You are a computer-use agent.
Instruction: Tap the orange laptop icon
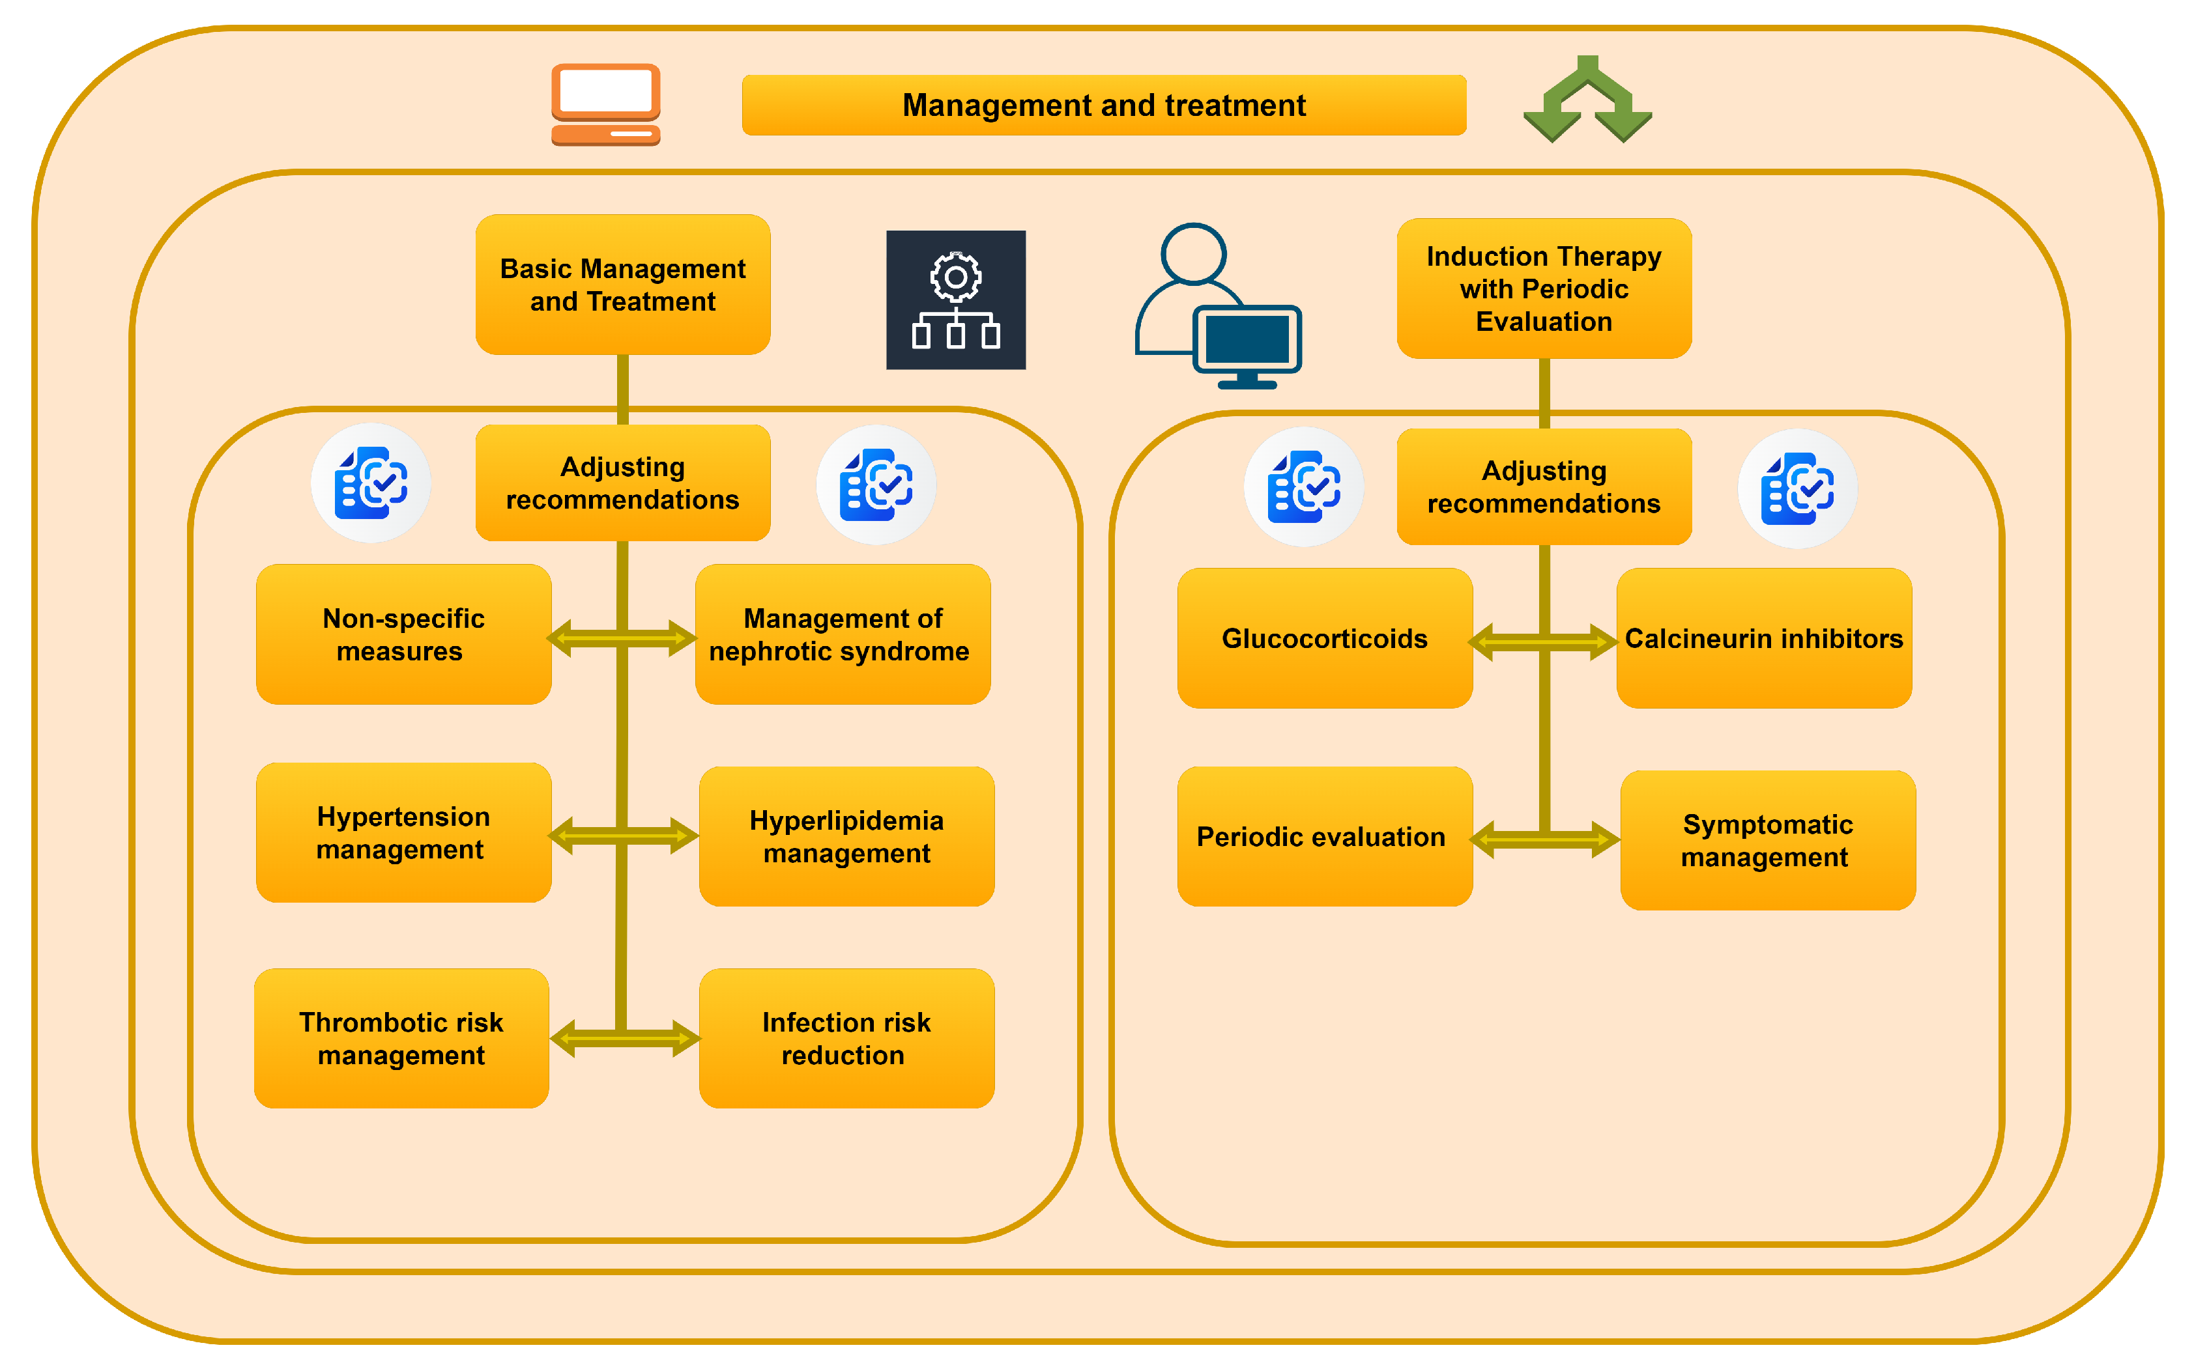point(606,104)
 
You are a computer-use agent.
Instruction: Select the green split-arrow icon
point(1587,100)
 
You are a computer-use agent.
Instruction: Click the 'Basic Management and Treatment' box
point(623,284)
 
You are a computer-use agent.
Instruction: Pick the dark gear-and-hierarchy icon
point(956,300)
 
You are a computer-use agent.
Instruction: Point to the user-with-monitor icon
point(1218,305)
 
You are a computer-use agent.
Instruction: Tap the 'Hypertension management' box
point(403,833)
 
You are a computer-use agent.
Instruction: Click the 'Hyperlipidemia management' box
point(846,836)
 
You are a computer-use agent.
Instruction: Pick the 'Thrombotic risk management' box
point(401,1038)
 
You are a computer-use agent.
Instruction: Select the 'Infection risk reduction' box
point(846,1038)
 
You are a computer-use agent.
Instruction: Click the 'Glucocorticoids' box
point(1325,638)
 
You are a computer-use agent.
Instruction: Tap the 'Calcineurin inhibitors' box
point(1765,638)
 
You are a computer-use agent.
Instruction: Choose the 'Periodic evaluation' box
point(1325,836)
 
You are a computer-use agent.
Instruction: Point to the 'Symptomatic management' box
point(1768,840)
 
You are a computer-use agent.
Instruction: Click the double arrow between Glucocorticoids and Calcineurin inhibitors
point(1543,642)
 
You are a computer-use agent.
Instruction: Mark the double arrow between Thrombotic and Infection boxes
point(625,1038)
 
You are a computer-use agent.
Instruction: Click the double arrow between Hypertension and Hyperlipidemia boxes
point(623,836)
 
